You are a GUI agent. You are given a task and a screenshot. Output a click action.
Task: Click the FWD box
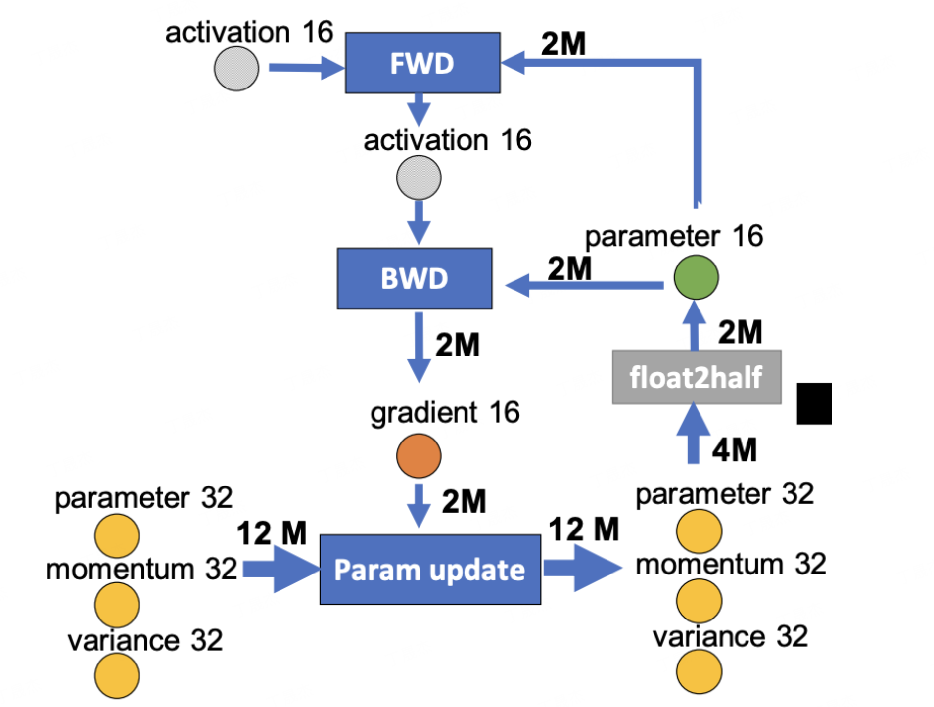[x=422, y=63]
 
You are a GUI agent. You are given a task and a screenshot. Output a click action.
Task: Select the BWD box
[x=415, y=278]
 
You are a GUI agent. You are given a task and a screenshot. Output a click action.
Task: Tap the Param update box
[x=430, y=570]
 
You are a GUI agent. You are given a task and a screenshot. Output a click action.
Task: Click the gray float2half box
[x=697, y=377]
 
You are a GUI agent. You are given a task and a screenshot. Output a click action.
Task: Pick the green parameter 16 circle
[x=696, y=277]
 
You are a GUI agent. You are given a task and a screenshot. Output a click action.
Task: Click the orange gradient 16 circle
[x=419, y=456]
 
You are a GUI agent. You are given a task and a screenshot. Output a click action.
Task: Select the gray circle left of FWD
[x=236, y=69]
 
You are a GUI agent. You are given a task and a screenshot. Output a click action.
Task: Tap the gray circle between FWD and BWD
[x=419, y=177]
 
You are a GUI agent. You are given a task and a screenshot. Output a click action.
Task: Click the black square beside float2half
[x=814, y=403]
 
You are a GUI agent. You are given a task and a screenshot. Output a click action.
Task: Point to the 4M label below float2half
[x=734, y=450]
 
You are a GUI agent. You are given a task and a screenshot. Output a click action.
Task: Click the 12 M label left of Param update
[x=272, y=533]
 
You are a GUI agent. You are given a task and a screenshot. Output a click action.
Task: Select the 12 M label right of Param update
[x=584, y=530]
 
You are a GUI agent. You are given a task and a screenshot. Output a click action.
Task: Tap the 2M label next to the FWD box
[x=563, y=44]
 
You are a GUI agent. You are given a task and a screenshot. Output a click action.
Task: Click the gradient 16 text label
[x=445, y=412]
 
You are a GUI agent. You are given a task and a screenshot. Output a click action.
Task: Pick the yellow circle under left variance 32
[x=117, y=675]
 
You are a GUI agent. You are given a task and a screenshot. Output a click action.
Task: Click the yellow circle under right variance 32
[x=699, y=671]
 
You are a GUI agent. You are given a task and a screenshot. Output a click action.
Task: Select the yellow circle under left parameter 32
[x=117, y=535]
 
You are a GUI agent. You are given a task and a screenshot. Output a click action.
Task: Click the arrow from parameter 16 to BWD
[x=584, y=285]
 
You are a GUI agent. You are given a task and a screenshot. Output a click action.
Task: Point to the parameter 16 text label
[x=674, y=236]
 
